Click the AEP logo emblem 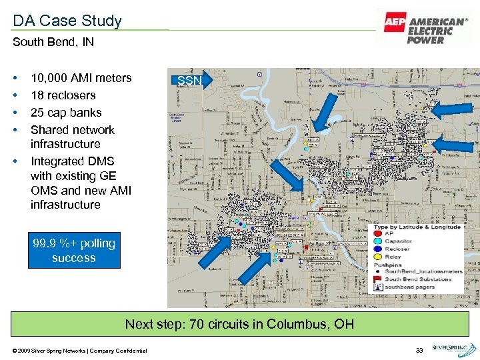point(395,22)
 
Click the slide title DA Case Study point(67,21)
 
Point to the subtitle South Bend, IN point(53,42)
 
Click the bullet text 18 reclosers point(63,95)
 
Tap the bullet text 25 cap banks point(66,113)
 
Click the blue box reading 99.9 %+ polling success point(74,251)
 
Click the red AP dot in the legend point(377,234)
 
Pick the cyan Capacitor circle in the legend point(377,241)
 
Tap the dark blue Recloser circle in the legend point(377,249)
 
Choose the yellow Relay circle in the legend point(377,256)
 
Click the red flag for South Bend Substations point(377,279)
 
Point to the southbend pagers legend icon point(377,287)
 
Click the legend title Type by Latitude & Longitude point(417,227)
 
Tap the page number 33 point(419,350)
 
